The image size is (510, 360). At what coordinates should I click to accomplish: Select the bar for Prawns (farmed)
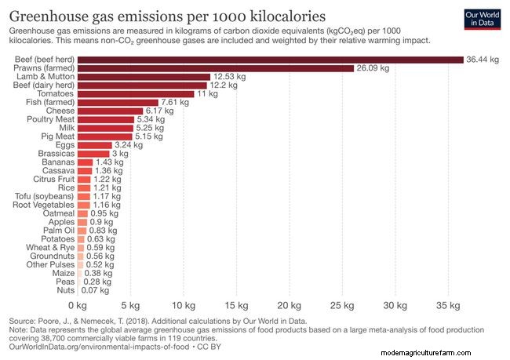[x=216, y=68]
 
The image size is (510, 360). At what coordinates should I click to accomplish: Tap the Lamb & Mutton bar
[x=144, y=77]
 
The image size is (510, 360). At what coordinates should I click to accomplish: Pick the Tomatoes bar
[x=135, y=93]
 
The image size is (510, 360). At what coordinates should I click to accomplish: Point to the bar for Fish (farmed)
[x=118, y=102]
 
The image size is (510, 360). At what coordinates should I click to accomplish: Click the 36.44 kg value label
[x=482, y=60]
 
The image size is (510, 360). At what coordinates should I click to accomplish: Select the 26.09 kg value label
[x=373, y=68]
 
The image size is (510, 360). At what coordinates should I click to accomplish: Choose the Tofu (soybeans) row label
[x=45, y=196]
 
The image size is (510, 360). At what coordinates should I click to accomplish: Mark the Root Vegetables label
[x=44, y=205]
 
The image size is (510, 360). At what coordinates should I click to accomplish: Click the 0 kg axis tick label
[x=77, y=304]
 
